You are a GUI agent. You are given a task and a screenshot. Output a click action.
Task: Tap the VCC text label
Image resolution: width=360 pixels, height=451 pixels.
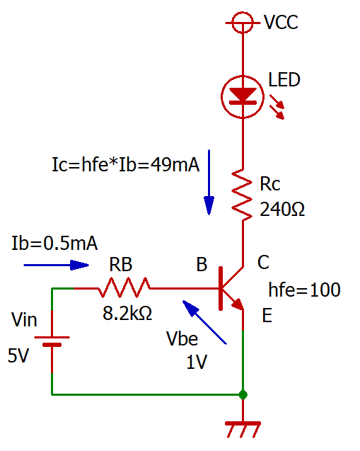pos(281,22)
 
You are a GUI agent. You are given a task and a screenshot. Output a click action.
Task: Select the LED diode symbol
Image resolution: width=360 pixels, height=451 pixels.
pos(243,97)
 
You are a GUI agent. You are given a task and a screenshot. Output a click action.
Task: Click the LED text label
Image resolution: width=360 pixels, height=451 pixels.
pos(284,80)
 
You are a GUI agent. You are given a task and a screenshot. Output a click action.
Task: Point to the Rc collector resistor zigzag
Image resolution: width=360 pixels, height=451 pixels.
pos(242,195)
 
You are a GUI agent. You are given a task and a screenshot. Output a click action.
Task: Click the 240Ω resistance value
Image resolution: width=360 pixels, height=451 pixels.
pos(282,209)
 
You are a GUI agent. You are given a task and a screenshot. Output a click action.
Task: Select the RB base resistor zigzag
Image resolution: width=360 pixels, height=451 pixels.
pos(124,287)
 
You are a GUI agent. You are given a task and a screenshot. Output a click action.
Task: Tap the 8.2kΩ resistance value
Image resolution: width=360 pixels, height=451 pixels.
pos(127,313)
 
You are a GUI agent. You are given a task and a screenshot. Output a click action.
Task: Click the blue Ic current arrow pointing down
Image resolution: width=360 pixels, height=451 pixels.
pos(209,183)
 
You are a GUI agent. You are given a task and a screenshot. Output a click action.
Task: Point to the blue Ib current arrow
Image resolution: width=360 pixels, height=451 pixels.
pos(57,266)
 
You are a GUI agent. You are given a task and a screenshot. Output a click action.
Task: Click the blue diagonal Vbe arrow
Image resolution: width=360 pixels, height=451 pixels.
pos(204,322)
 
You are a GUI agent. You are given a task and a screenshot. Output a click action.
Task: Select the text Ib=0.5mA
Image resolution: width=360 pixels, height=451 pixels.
pos(54,244)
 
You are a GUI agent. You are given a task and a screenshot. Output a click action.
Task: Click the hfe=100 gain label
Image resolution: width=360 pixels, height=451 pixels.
pos(305,290)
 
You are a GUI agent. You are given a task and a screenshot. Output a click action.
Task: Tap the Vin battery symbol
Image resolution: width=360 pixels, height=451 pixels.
pos(52,341)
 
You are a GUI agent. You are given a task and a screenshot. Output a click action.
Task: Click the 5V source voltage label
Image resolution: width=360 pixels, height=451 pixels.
pos(18,356)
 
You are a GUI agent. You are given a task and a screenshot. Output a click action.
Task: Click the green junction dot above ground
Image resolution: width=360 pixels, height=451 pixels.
pos(243,394)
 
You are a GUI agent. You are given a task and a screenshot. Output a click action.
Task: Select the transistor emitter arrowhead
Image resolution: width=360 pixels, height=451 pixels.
pos(238,304)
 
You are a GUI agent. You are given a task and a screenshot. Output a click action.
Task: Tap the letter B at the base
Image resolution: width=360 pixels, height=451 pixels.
pos(202,264)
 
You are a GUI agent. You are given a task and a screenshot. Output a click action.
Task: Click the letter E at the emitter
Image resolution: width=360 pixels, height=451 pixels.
pos(267,316)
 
